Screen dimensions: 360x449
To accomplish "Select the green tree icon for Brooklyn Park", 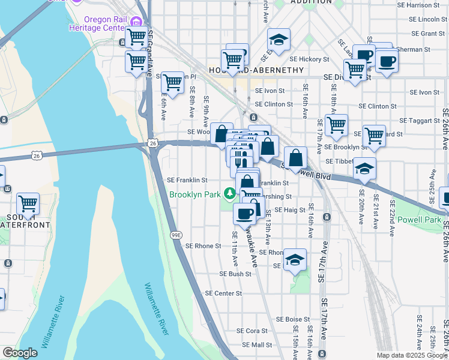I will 229,193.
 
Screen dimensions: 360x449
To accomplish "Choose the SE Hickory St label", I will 310,59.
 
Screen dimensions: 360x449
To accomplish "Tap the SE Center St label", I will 223,293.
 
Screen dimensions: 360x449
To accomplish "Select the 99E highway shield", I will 175,235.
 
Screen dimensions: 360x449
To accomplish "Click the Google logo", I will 20,353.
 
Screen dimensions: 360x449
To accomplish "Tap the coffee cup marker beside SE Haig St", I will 245,214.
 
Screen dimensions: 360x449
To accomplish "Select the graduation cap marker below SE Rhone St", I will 295,260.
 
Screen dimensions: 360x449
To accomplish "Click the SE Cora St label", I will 252,331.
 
